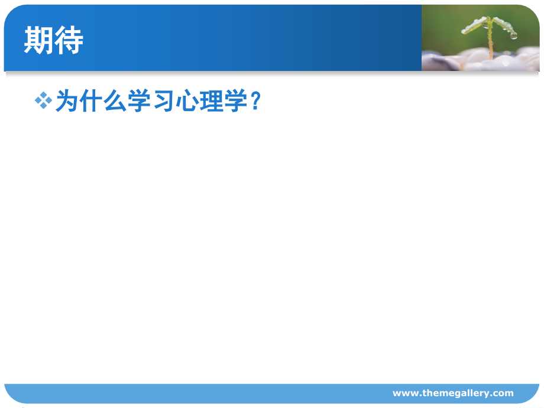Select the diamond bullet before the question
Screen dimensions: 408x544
(x=44, y=101)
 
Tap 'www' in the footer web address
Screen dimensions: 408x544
(x=404, y=393)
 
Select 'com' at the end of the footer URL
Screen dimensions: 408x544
(x=504, y=393)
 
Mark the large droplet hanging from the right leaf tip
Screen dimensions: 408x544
(x=513, y=35)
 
